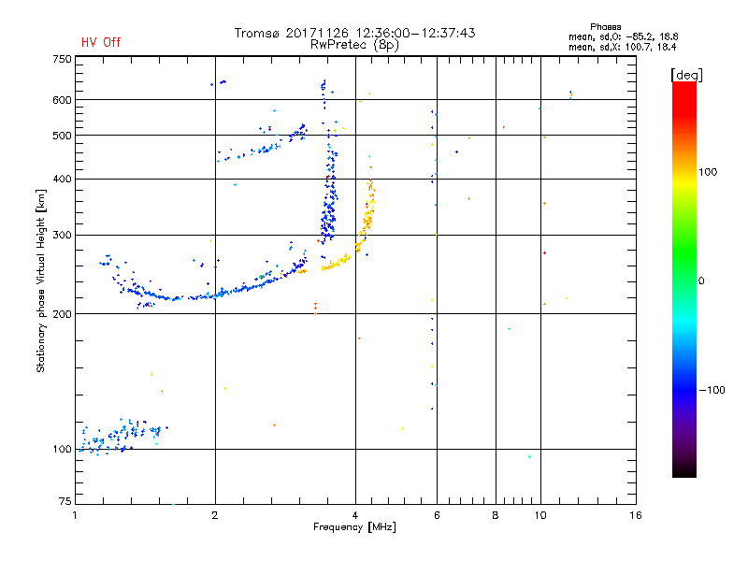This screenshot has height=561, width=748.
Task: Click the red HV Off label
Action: pos(100,42)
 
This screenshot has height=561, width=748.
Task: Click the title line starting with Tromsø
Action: pos(355,33)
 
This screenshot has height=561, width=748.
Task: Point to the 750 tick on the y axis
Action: pos(62,59)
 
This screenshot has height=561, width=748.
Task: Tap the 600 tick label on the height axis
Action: pos(62,100)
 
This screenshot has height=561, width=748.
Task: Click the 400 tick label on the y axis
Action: pos(62,179)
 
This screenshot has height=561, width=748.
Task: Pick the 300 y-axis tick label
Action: pos(62,235)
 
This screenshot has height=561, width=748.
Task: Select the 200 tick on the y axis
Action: pos(62,313)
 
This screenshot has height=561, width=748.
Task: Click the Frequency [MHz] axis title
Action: pos(355,528)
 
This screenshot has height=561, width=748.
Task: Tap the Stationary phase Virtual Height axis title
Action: pos(41,280)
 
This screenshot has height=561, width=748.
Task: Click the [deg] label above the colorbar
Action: pos(685,74)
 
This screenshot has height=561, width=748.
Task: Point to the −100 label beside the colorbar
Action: pos(712,390)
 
